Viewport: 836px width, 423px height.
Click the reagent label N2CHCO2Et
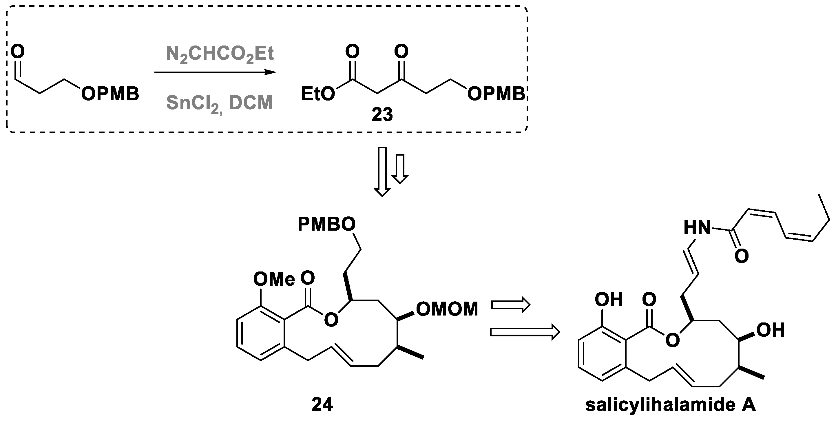[x=220, y=54]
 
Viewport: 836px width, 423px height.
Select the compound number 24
[x=322, y=404]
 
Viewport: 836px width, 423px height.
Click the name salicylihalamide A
[x=671, y=405]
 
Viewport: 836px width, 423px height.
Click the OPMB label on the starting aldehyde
[x=110, y=94]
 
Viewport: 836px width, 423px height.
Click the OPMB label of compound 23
[x=496, y=94]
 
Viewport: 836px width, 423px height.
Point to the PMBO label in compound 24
[x=326, y=225]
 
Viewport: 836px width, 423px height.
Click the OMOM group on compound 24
[x=447, y=309]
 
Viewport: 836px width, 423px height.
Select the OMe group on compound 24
[x=274, y=279]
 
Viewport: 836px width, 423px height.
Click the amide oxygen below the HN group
[x=741, y=256]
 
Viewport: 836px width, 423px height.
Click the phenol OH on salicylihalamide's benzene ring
[x=609, y=299]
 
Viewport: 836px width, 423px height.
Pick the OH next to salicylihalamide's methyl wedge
[x=771, y=330]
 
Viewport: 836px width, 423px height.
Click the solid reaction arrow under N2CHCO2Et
[x=215, y=72]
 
